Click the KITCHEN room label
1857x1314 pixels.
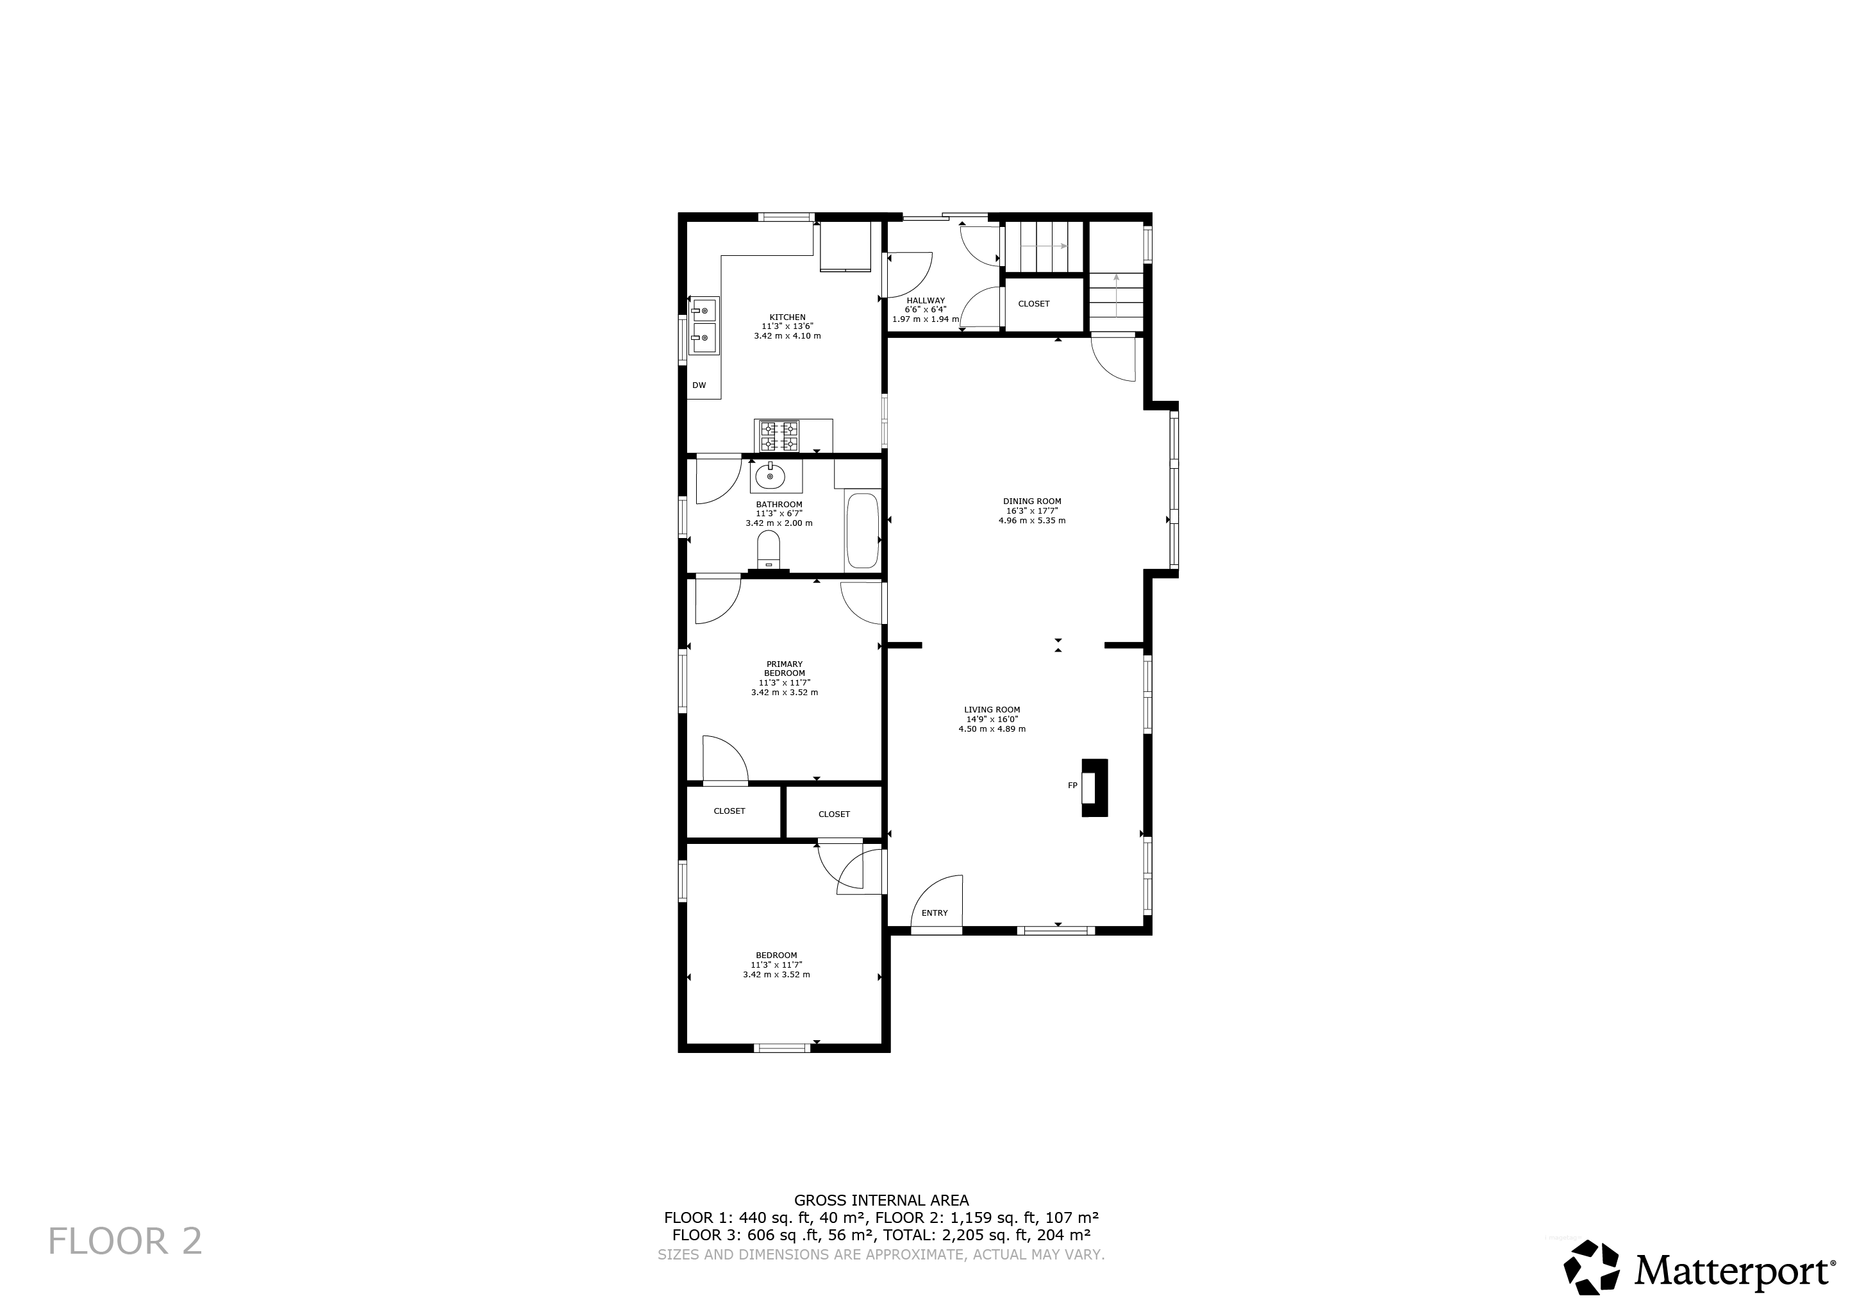[x=787, y=317]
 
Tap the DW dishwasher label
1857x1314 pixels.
[x=699, y=385]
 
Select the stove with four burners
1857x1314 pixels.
[x=779, y=436]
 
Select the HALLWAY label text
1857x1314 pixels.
[x=925, y=300]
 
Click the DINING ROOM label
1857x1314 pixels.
[x=1032, y=501]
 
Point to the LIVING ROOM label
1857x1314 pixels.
[x=992, y=710]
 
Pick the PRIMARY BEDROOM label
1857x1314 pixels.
[x=784, y=668]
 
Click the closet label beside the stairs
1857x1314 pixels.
[x=1034, y=303]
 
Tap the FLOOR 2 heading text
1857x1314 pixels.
[x=126, y=1241]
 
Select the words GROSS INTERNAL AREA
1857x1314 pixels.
[x=881, y=1200]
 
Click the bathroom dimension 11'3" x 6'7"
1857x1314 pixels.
[x=779, y=514]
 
